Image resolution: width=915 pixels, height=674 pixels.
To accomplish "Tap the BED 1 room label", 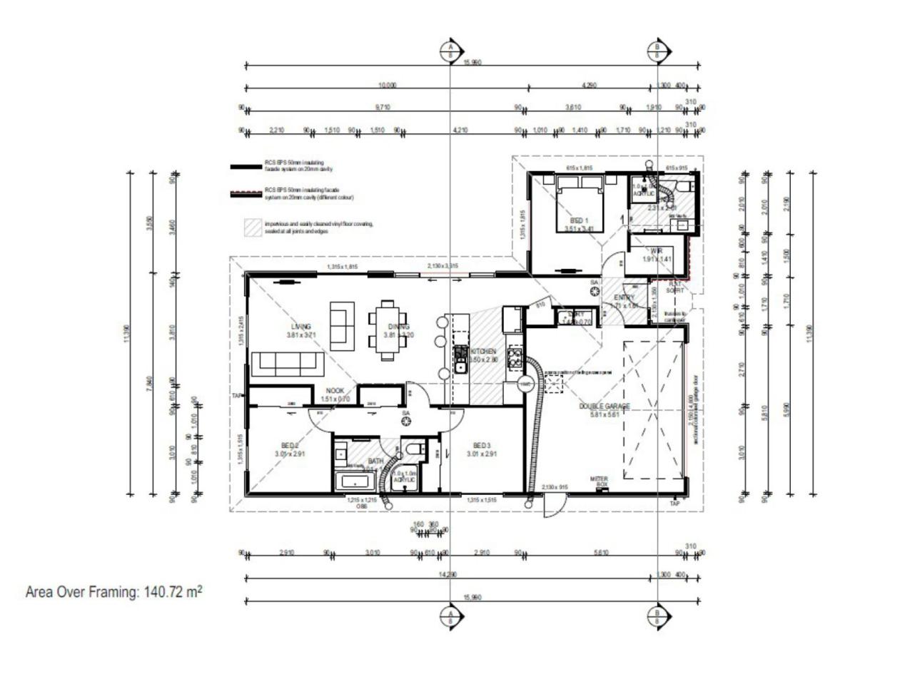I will click(580, 220).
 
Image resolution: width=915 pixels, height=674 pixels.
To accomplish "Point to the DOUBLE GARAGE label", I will click(604, 406).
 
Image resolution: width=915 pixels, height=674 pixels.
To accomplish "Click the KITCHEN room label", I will click(483, 352).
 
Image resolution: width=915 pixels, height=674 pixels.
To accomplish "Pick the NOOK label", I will click(335, 391).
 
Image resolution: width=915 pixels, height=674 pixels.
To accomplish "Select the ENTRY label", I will click(624, 297).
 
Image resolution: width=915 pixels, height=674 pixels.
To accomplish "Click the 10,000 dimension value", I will click(387, 86).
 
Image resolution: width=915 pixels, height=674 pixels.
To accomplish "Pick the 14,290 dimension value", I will click(448, 575).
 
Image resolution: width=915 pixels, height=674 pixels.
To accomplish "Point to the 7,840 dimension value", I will click(149, 384).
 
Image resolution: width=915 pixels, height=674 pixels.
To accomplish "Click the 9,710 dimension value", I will click(383, 107).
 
